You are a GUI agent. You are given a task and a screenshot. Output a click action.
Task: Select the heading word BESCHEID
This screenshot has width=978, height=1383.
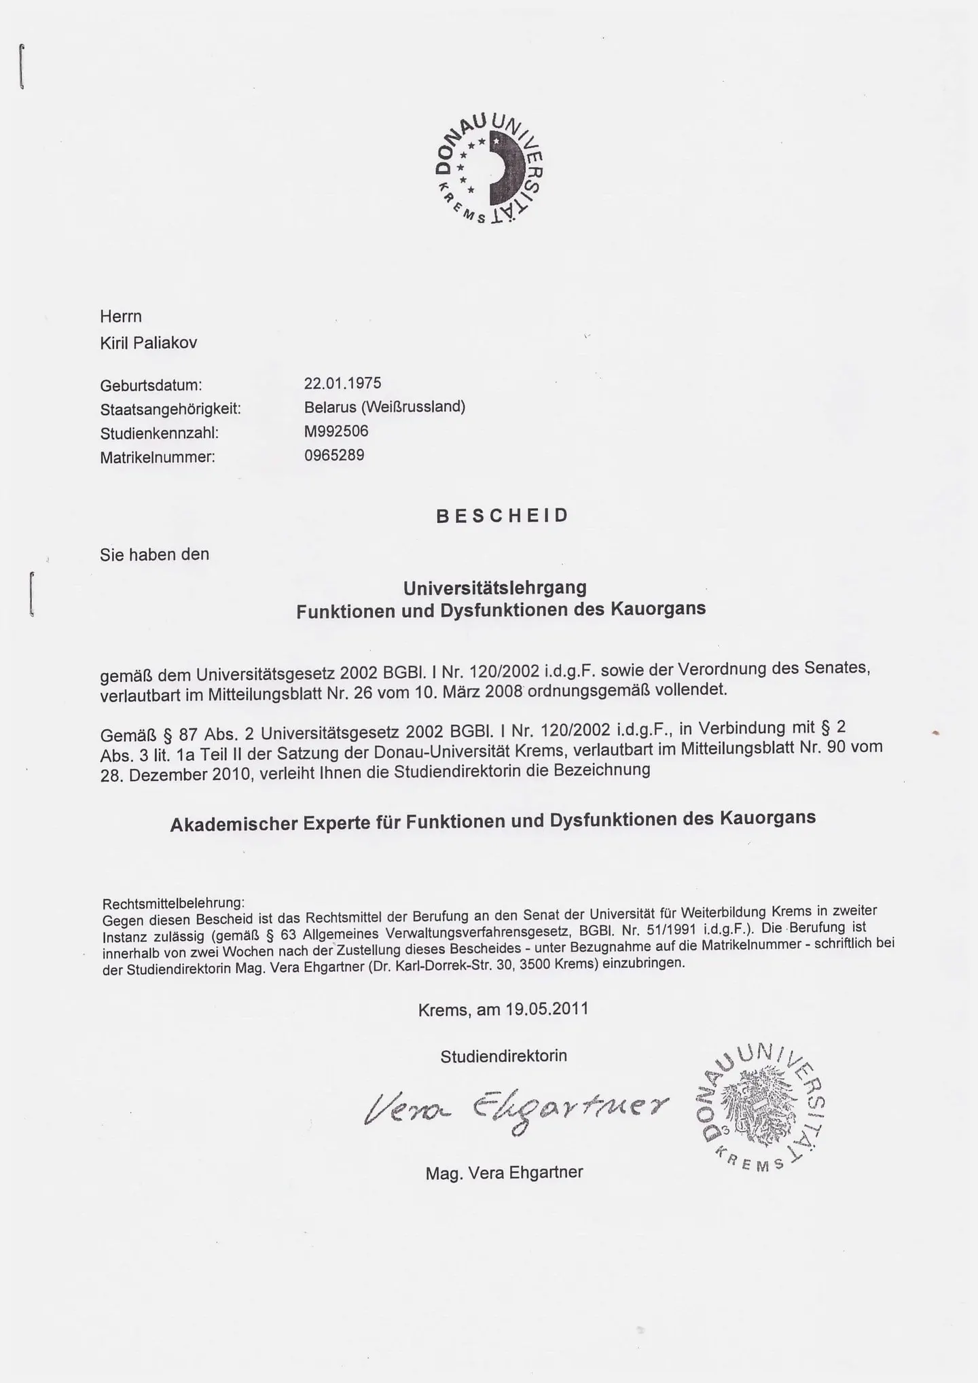(502, 516)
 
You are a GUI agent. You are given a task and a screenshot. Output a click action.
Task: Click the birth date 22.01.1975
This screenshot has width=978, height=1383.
(342, 383)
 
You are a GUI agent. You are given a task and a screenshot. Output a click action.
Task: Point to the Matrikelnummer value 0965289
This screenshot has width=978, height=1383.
(333, 455)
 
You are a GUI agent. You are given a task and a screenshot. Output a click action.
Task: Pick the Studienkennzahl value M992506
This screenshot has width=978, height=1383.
(336, 431)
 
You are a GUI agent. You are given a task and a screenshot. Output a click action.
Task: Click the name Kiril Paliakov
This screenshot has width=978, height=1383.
(149, 343)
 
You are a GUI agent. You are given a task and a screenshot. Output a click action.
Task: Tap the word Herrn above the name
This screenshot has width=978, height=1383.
(121, 317)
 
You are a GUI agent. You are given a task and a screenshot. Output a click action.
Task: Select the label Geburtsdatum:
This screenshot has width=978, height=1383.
(151, 386)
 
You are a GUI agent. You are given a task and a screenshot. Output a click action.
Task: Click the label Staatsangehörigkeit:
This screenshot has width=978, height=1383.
(170, 410)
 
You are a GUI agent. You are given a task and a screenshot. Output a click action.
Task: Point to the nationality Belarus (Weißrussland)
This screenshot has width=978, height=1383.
(384, 407)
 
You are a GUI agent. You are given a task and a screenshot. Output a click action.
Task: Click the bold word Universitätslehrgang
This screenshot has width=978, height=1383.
(495, 587)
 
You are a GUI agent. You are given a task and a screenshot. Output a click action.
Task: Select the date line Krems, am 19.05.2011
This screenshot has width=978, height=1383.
(503, 1009)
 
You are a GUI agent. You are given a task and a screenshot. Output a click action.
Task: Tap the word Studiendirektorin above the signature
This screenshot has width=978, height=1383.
(503, 1056)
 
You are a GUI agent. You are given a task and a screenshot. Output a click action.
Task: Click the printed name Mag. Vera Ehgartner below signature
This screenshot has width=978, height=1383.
(504, 1173)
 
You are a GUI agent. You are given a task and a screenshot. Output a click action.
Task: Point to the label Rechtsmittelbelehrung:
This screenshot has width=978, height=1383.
(173, 903)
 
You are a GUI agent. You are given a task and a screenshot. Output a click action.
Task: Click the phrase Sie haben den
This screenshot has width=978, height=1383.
(155, 555)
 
